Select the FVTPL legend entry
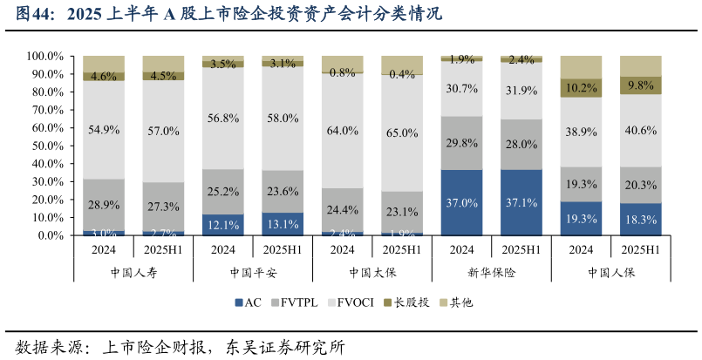pos(296,302)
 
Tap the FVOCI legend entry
pos(354,302)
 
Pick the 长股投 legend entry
pos(406,302)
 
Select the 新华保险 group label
pos(491,272)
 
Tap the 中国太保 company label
pos(371,272)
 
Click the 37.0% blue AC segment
pos(461,202)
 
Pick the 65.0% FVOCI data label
pos(402,133)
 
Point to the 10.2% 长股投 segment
pos(581,87)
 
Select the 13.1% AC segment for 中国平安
pos(283,223)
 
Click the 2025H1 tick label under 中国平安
pos(283,248)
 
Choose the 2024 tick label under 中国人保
pos(581,248)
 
